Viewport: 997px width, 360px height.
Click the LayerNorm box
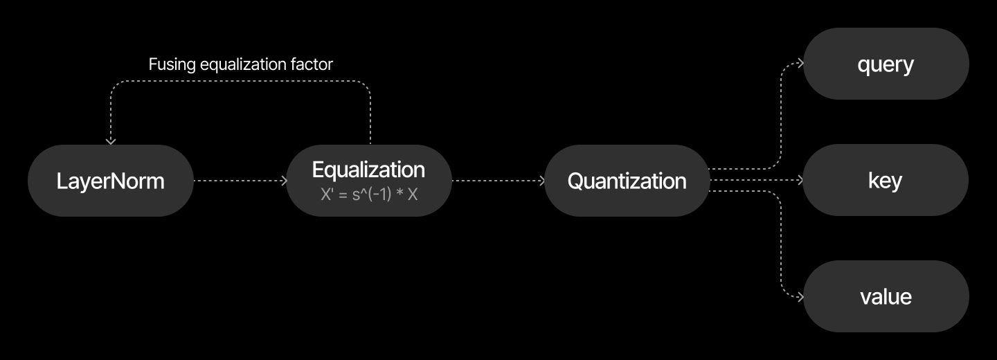point(111,181)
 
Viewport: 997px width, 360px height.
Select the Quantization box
point(627,181)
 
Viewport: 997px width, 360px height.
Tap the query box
point(886,64)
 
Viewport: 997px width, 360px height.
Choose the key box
point(886,181)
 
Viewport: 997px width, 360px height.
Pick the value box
point(886,297)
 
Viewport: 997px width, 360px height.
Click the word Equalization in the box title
point(368,170)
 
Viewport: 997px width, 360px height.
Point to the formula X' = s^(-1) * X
point(369,195)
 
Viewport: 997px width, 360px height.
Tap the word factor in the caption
point(312,64)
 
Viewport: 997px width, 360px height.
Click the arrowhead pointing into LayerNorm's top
point(111,141)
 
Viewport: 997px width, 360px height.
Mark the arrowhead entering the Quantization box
point(541,181)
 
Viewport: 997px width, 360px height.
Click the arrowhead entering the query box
point(800,64)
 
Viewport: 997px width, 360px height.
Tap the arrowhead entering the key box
point(800,181)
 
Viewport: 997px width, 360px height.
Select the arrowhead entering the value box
point(800,298)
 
